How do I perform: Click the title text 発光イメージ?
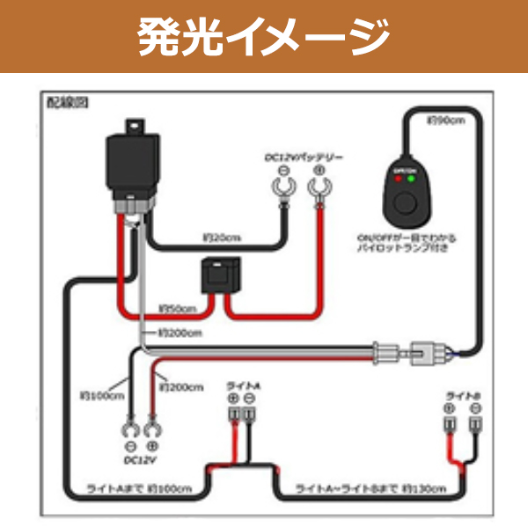pos(264,37)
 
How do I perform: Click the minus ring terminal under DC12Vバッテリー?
pos(284,187)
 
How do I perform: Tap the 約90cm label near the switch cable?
pos(445,120)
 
